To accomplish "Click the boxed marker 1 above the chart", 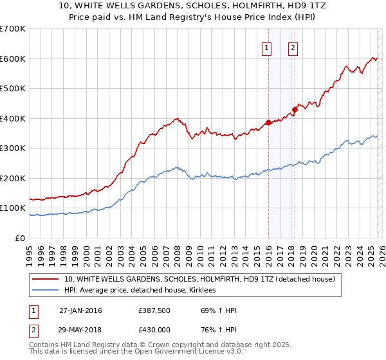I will [x=266, y=47].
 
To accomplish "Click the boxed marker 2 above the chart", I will [x=293, y=47].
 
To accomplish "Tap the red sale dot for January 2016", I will [x=268, y=122].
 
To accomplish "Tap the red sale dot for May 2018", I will [x=295, y=109].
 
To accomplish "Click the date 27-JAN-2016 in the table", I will [x=80, y=310].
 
